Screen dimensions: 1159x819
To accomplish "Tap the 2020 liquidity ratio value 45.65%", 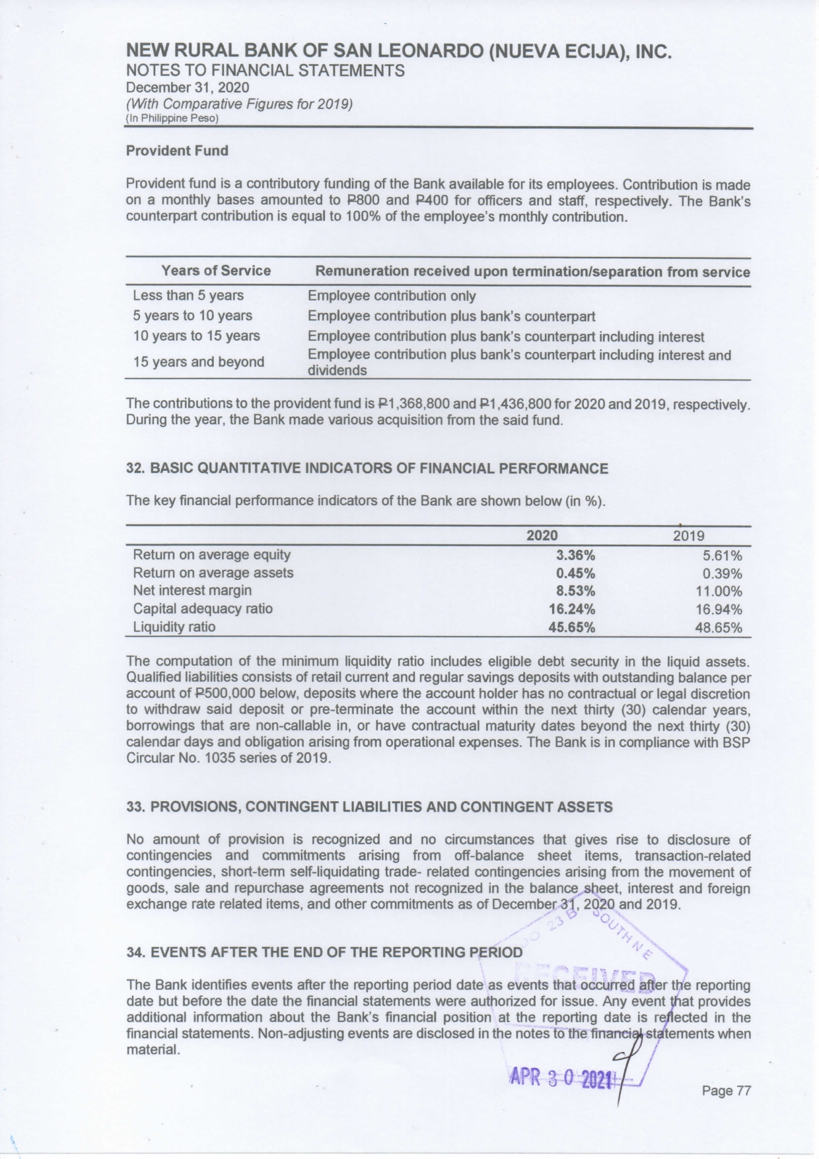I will coord(572,627).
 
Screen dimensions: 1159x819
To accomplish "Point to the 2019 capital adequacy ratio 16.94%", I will coord(718,610).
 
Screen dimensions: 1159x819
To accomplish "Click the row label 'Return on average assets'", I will coord(213,573).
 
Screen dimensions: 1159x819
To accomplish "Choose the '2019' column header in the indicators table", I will coord(689,536).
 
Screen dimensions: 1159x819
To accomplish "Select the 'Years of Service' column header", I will coord(216,271).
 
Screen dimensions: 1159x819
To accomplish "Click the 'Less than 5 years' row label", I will coord(188,295).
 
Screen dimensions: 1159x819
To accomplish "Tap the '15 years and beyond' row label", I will coord(198,362).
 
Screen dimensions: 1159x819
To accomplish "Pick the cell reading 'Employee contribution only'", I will coord(391,296).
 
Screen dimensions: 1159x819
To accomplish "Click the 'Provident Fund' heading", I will coord(177,151).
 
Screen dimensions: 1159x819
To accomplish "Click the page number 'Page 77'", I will coord(727,1091).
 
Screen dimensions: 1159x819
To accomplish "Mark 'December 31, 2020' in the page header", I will coord(188,87).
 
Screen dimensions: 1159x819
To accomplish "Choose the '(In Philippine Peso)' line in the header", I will coord(172,119).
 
